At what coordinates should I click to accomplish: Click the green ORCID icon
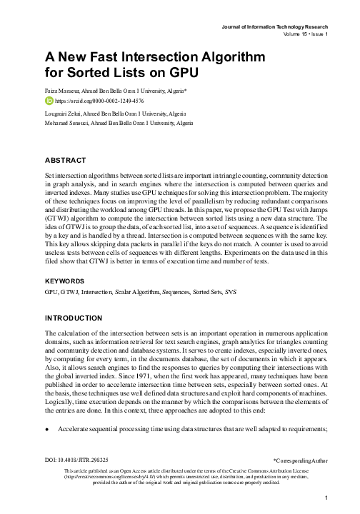49,101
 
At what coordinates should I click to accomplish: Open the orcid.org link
94,101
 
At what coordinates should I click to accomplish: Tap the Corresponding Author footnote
301,473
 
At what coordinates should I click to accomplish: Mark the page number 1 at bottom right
325,499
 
